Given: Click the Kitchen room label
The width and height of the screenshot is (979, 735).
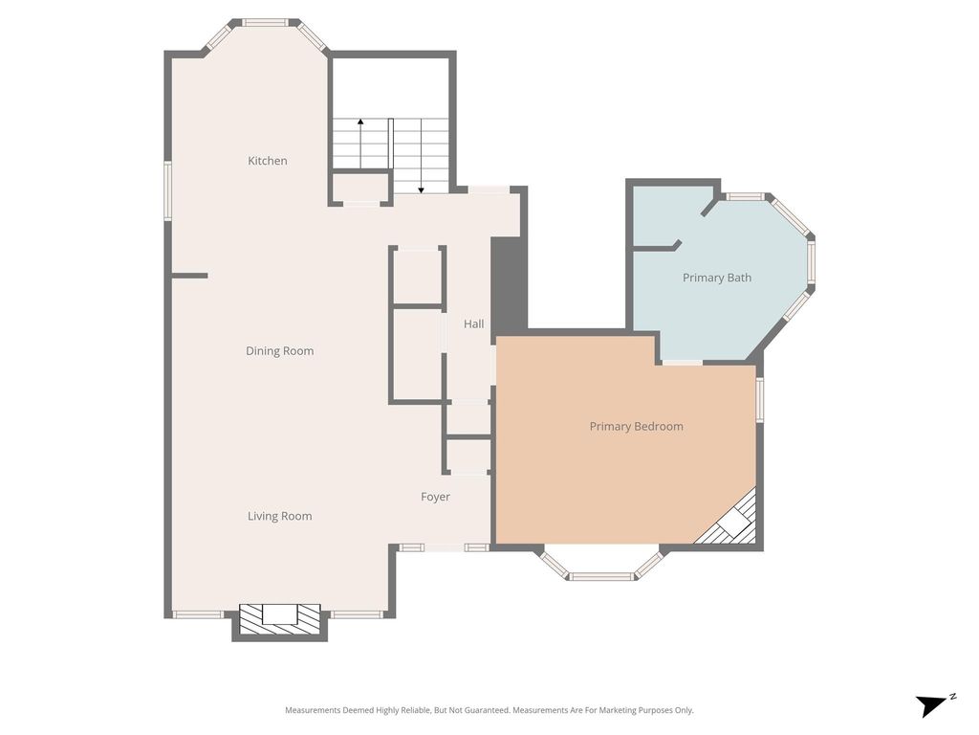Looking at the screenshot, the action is click(x=268, y=161).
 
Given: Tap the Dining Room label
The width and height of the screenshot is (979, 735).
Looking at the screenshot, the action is click(x=280, y=351).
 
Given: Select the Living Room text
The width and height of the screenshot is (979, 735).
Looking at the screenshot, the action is click(x=280, y=516).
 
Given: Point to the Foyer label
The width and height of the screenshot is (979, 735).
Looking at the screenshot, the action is click(x=435, y=497).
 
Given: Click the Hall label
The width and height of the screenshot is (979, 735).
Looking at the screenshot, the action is click(x=474, y=323).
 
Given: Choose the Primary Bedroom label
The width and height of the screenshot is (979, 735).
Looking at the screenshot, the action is click(x=636, y=426).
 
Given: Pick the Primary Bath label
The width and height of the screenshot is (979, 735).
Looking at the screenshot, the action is click(x=717, y=278).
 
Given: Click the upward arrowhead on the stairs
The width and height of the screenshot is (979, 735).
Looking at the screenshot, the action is click(x=360, y=122).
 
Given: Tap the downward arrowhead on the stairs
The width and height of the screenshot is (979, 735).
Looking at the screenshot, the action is click(x=422, y=189).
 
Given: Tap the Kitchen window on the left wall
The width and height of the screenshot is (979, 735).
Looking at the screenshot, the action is click(x=167, y=190).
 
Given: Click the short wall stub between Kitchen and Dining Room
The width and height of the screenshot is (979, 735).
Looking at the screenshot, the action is click(x=189, y=275).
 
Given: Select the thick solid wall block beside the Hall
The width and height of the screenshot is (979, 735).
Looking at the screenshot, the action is click(x=510, y=285).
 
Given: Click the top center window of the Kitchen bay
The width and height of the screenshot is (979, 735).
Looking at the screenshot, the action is click(x=266, y=23).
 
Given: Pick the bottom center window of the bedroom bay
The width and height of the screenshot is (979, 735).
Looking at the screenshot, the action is click(x=602, y=575).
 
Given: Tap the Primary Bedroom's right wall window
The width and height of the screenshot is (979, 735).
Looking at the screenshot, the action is click(x=760, y=399).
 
